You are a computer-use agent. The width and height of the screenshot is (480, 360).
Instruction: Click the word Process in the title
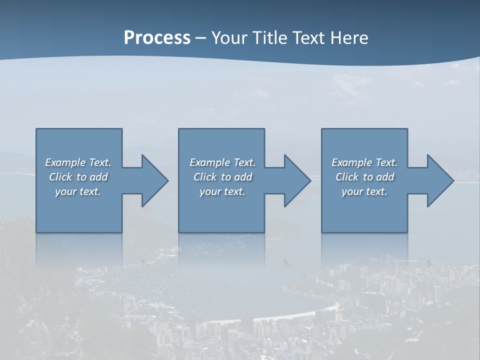[x=157, y=38]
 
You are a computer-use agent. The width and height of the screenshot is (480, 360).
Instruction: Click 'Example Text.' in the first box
[x=78, y=162]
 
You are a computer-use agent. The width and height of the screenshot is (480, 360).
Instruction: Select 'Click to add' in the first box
[x=78, y=177]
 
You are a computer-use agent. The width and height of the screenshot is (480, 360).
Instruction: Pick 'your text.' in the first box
[x=78, y=191]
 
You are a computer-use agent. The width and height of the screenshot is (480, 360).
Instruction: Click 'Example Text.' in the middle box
[x=222, y=162]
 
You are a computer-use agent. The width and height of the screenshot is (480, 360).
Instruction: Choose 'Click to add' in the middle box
[x=222, y=177]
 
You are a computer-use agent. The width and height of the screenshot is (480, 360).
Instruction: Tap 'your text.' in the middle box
[x=222, y=191]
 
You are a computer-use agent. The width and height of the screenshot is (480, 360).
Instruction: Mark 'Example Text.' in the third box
[x=364, y=162]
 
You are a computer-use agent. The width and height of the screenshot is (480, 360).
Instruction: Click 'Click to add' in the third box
[x=365, y=177]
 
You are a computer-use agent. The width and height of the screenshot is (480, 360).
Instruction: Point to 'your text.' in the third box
[x=364, y=191]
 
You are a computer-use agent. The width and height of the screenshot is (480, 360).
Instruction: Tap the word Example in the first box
[x=65, y=162]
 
